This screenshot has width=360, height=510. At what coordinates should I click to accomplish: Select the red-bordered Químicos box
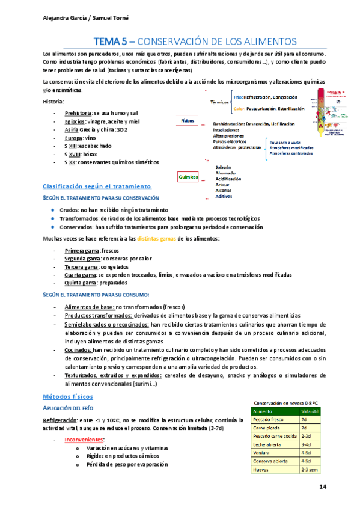[188, 177]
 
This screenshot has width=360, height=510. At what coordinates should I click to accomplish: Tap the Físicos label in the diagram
[188, 121]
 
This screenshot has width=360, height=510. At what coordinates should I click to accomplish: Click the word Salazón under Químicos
[223, 167]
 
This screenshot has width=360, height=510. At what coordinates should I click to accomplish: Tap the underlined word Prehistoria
[78, 112]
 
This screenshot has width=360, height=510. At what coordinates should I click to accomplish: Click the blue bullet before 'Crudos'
[53, 209]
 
